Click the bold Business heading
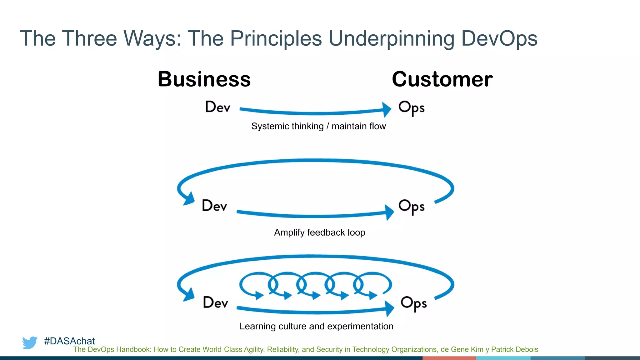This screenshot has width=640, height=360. (x=204, y=79)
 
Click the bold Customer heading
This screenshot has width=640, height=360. (x=442, y=79)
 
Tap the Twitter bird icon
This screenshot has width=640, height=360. (x=30, y=342)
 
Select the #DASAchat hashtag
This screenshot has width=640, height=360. (x=69, y=341)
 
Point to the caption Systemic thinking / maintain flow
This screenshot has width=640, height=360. (x=318, y=126)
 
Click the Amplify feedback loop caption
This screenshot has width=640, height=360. (x=319, y=232)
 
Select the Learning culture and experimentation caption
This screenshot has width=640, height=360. (x=316, y=326)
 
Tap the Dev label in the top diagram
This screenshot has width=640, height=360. (x=217, y=107)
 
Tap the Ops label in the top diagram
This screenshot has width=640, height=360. (x=411, y=108)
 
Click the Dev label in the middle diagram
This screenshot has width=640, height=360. (x=214, y=206)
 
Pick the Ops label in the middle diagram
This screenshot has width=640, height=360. (x=411, y=206)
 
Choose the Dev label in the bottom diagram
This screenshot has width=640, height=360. (x=215, y=302)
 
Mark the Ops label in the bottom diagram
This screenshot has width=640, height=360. (x=413, y=303)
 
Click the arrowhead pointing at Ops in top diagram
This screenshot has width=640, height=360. (x=387, y=109)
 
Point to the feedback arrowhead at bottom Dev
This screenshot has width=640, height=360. (x=189, y=295)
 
